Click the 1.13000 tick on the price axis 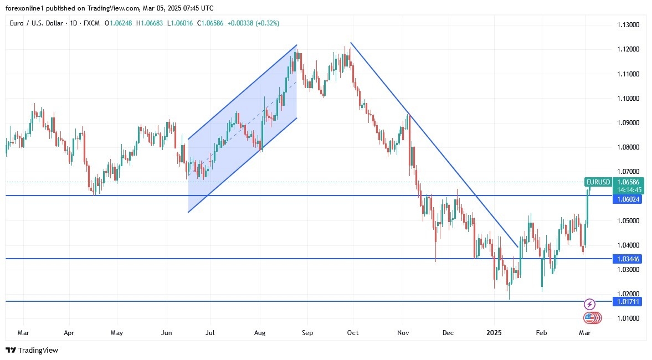[x=628, y=25]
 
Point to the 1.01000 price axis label [x=628, y=318]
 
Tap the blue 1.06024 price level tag [x=627, y=199]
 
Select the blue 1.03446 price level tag [x=627, y=259]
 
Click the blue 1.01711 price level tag [x=627, y=301]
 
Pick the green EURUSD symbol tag [x=598, y=182]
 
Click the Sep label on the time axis [x=307, y=333]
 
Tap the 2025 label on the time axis [x=494, y=333]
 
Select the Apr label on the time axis [x=69, y=333]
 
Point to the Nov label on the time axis [x=403, y=333]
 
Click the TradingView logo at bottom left [x=32, y=350]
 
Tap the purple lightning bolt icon [x=590, y=304]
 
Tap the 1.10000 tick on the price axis [x=628, y=99]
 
